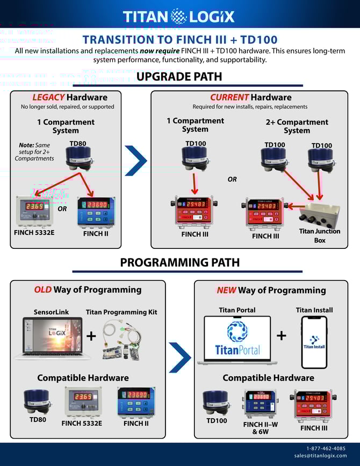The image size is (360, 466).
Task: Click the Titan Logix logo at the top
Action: click(x=178, y=16)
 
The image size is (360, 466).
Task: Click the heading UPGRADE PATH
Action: click(x=179, y=76)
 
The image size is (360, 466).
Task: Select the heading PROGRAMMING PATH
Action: click(x=179, y=262)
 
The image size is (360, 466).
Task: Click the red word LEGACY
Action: click(x=48, y=97)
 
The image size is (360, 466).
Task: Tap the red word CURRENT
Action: click(x=229, y=97)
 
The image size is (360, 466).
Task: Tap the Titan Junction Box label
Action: click(x=319, y=235)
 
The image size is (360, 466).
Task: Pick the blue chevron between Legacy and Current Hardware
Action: click(x=135, y=160)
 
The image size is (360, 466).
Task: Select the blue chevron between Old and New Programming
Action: click(x=179, y=357)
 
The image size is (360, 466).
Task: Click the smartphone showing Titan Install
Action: click(x=314, y=342)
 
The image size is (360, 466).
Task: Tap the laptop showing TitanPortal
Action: click(x=237, y=340)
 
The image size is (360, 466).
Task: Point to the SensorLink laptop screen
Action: click(x=52, y=336)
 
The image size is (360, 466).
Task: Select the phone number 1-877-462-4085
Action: click(x=326, y=448)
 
